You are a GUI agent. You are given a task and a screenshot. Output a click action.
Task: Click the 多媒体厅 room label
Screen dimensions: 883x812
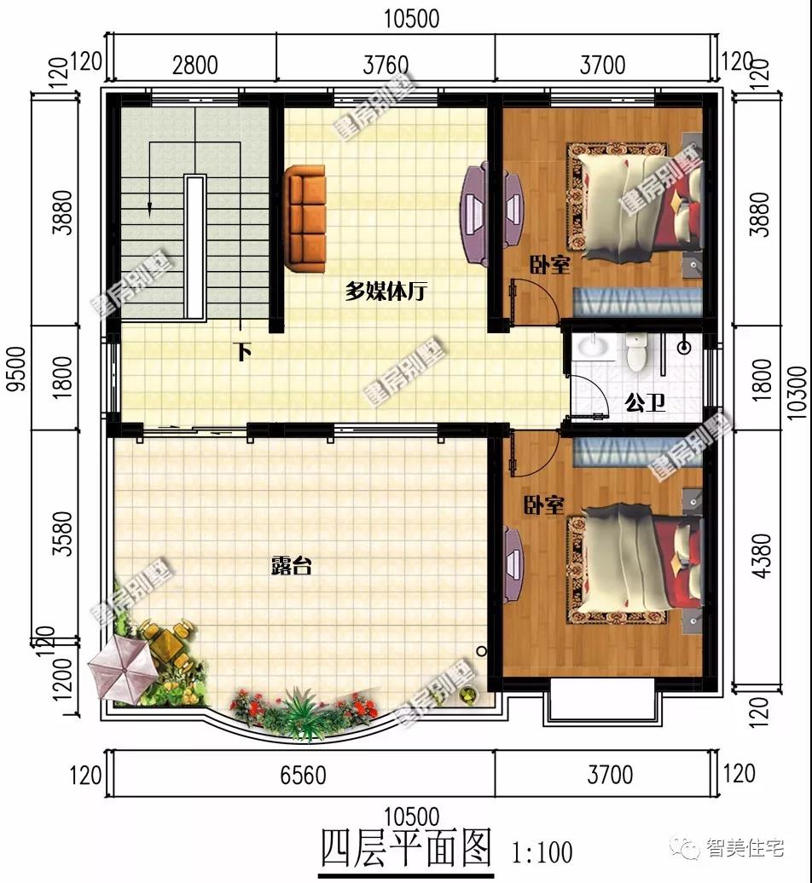386,291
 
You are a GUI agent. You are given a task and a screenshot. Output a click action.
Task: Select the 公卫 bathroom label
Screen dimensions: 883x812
645,401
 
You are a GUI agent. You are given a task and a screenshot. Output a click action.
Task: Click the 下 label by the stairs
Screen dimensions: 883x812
244,351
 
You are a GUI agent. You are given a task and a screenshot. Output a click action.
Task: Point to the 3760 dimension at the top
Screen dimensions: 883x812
386,65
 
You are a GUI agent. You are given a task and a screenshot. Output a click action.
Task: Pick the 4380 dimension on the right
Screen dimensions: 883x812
762,556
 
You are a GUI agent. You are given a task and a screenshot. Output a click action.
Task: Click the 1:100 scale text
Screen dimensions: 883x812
542,851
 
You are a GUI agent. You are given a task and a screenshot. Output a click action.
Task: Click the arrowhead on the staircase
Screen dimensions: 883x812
150,205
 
